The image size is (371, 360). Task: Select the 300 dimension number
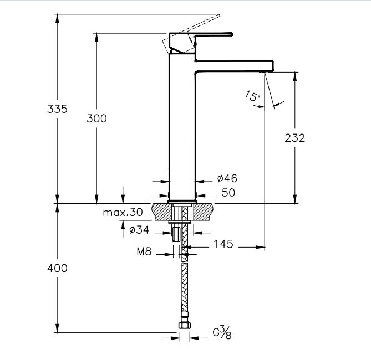coord(97,118)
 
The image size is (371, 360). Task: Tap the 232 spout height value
coord(295,138)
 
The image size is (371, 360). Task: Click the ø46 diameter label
coord(227,178)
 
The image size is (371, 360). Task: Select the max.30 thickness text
coord(123,212)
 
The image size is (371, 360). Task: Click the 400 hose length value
coord(57,268)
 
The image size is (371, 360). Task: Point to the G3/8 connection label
coord(222,333)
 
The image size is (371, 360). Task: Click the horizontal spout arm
coord(233,65)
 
